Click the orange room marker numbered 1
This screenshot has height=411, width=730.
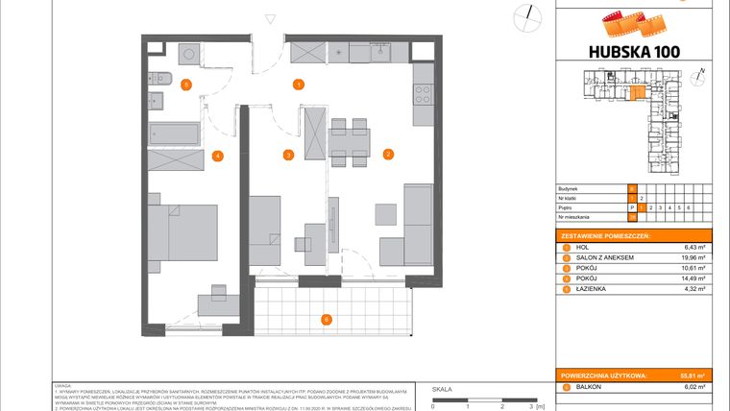(300, 85)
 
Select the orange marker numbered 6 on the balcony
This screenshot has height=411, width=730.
(326, 319)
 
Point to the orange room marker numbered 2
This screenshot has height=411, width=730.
(388, 154)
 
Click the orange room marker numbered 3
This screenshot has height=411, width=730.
(287, 155)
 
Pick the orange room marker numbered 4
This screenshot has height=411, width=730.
(218, 156)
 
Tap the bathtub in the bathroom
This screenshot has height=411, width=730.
(174, 133)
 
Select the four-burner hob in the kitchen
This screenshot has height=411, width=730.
(423, 94)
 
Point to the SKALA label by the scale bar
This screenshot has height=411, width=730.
(442, 389)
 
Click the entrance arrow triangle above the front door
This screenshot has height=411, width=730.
(271, 15)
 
